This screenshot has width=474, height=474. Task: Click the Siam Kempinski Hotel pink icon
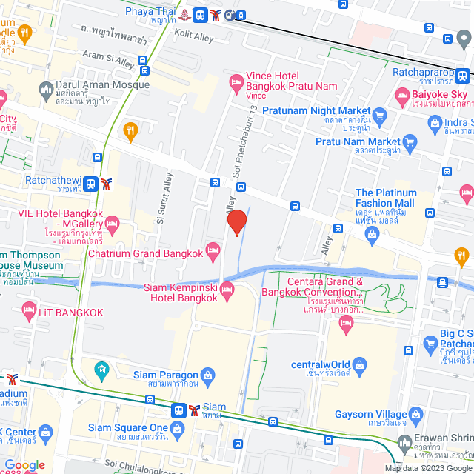pos(227,288)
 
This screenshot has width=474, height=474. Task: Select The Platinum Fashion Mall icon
pos(372,235)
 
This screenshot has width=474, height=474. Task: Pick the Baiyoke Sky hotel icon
pos(402,94)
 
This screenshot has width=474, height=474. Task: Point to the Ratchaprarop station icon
pos(462,75)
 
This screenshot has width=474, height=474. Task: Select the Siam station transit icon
pos(179,410)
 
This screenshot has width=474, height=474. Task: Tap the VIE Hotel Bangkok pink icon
pos(113,222)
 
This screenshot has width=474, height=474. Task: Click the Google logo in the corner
pos(24,465)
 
